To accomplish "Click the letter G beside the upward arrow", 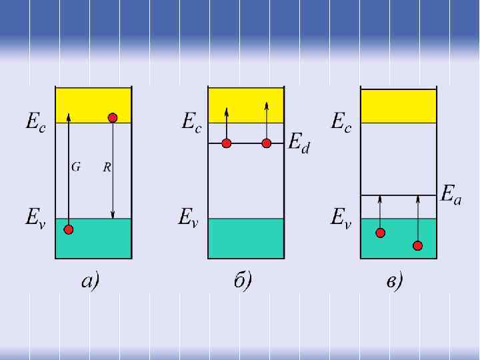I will [76, 167].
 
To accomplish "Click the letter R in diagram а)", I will [107, 167].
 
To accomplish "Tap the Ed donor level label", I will [299, 143].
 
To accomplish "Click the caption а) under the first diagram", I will [90, 281].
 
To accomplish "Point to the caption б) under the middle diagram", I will [243, 281].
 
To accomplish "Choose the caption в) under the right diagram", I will [395, 281].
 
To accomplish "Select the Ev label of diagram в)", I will [341, 217].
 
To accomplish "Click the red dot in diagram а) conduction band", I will [113, 118].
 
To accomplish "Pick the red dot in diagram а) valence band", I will [68, 230].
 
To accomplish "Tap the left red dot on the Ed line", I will [227, 143].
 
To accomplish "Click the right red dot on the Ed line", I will [267, 143].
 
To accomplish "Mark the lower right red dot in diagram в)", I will [417, 245].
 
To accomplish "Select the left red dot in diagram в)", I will [380, 233].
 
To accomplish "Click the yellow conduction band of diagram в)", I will [398, 106].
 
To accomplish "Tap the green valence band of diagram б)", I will [245, 238].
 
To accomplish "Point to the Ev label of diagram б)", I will [188, 217].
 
